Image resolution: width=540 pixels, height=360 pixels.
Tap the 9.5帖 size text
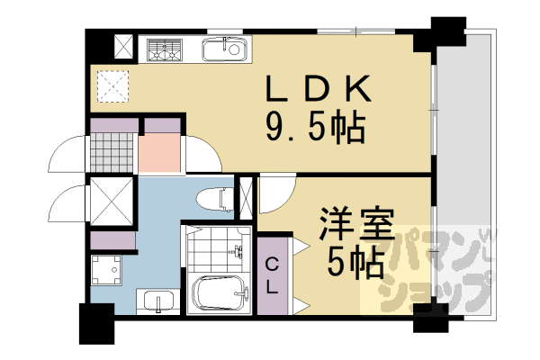(x=315, y=129)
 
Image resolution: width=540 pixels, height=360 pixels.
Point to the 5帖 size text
(x=356, y=263)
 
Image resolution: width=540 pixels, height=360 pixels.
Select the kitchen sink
(x=225, y=50)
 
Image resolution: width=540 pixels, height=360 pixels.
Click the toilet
(x=212, y=198)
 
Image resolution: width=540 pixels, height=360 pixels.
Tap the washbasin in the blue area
(x=158, y=301)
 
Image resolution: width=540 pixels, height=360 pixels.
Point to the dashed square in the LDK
(x=113, y=85)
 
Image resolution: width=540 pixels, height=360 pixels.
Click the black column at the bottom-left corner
(x=96, y=325)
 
